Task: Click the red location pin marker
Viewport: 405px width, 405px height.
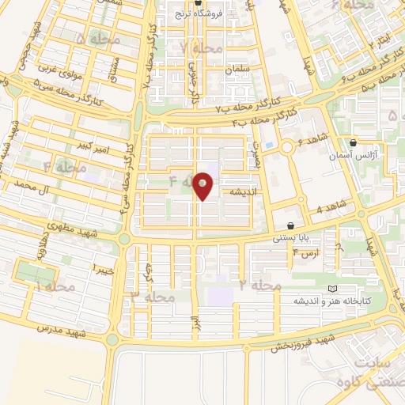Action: coord(203,184)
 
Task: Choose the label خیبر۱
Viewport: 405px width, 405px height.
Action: coord(104,270)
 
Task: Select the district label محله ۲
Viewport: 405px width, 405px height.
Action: coord(260,283)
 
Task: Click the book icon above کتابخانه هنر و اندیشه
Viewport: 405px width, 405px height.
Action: coord(331,289)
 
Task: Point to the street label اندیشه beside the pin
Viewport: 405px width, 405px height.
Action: coord(240,191)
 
